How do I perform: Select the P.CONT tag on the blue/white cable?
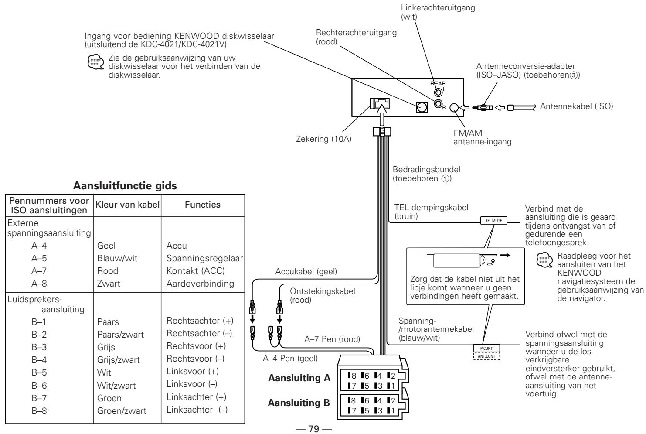point(486,348)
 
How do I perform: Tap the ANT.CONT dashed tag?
point(486,355)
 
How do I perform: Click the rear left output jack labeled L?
point(438,92)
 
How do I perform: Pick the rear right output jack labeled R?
point(438,103)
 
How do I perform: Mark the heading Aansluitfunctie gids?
point(125,185)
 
